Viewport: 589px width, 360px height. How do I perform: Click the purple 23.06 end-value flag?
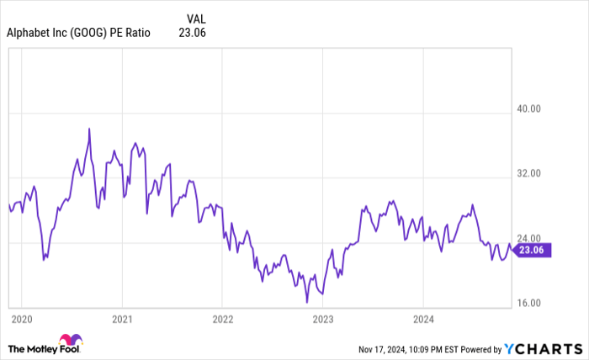point(532,249)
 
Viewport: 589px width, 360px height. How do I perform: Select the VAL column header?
point(195,18)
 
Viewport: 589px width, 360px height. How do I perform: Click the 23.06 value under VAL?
point(193,33)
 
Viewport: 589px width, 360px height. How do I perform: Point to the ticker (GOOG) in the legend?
point(82,33)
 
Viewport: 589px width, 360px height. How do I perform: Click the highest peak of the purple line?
point(89,129)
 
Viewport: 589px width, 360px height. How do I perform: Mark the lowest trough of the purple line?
point(307,301)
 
